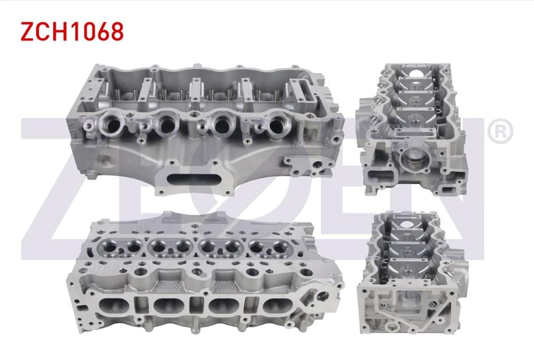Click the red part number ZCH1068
click(72, 32)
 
